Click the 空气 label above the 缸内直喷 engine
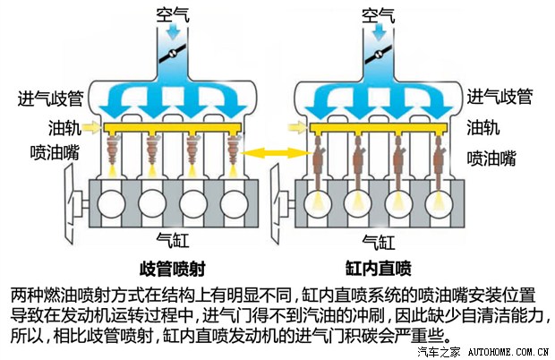point(379,15)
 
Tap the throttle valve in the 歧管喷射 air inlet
point(168,51)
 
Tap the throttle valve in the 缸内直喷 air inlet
point(379,51)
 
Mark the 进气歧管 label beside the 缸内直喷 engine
point(499,97)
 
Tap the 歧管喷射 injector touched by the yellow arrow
point(234,147)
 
